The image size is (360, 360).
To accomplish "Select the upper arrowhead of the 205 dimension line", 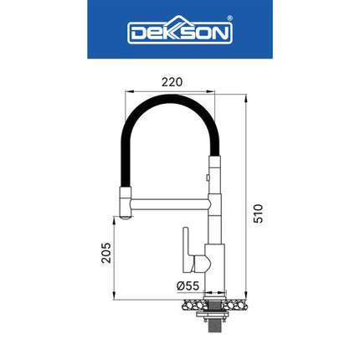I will (115, 215).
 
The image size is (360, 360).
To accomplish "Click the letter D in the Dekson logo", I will (136, 33).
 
